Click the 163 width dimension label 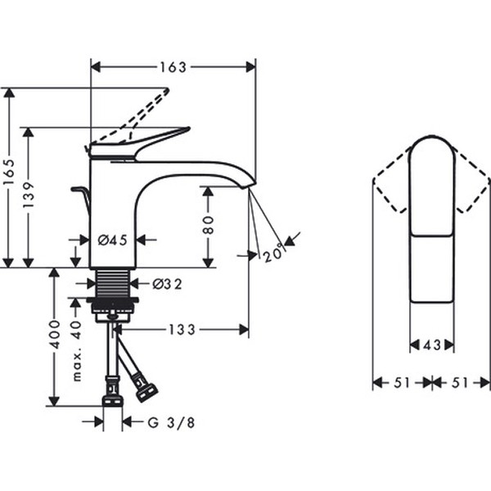[x=173, y=67]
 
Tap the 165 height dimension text [x=9, y=173]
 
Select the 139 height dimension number [x=28, y=195]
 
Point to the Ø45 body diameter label [x=113, y=241]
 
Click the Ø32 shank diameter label [x=167, y=284]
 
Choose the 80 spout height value [x=208, y=224]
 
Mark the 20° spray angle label [x=274, y=252]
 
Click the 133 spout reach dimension [x=182, y=330]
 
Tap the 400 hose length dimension [x=55, y=335]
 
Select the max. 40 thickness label [x=76, y=351]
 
